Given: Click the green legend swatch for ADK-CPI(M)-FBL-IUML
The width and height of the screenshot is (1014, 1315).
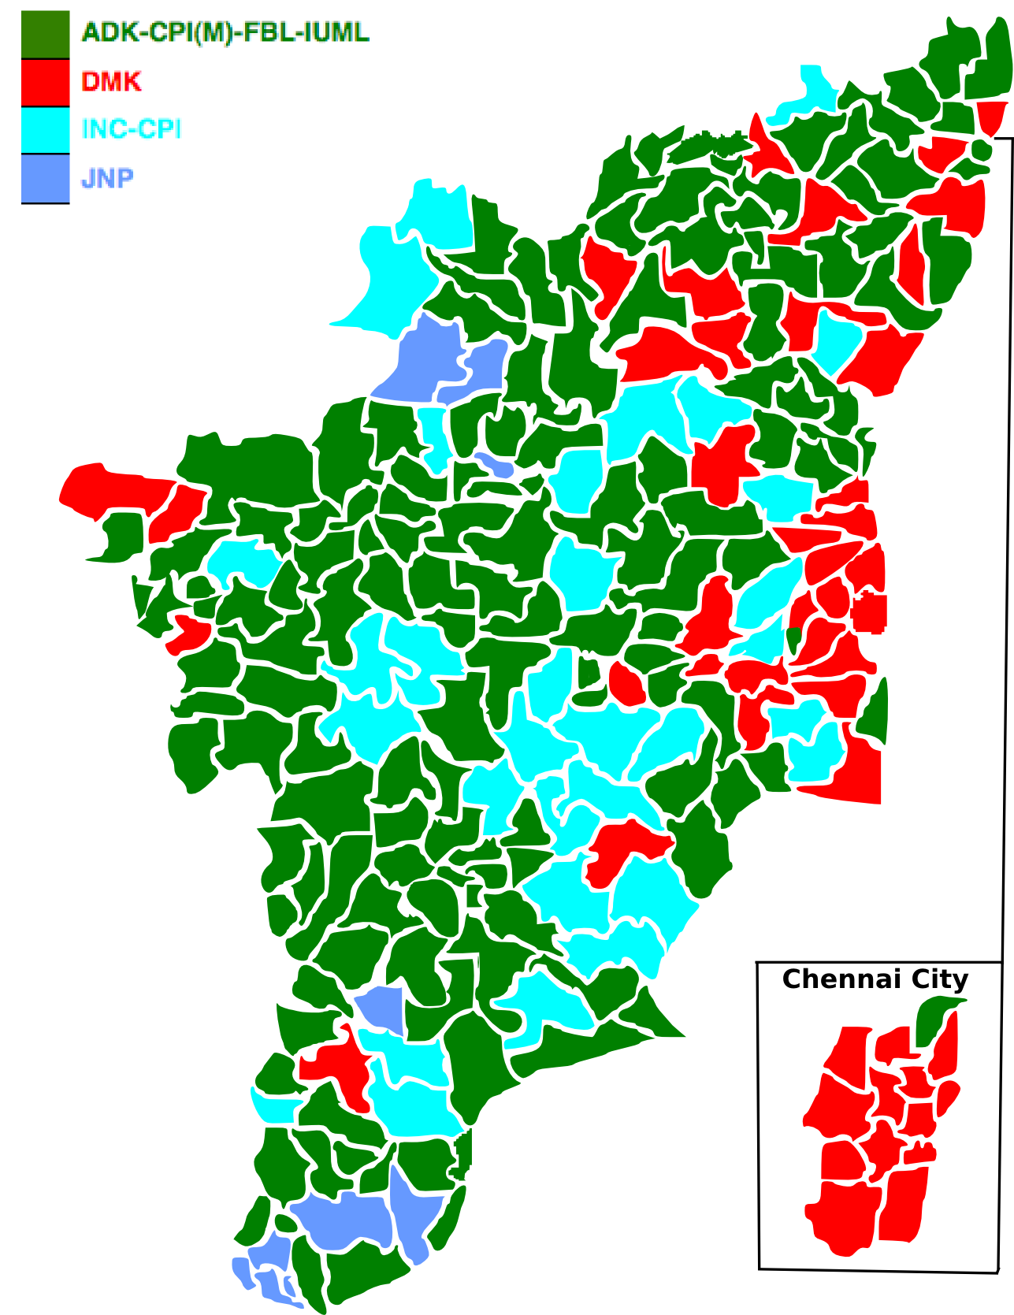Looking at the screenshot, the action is pos(45,35).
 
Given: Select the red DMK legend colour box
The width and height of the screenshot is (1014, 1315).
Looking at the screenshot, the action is pos(45,83).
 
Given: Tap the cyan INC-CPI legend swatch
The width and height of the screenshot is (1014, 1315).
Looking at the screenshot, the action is pos(45,130).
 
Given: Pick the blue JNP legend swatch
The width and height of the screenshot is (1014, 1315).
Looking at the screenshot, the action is pos(45,178).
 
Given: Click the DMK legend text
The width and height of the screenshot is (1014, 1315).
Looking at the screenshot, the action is pos(111,82).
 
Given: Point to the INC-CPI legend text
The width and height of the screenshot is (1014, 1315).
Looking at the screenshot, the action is pos(132,129).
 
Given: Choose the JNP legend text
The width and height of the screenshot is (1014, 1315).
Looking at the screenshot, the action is pos(107,179).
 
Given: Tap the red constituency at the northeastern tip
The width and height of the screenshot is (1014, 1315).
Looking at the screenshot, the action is pos(991,115).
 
